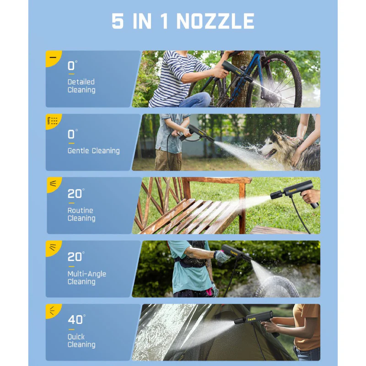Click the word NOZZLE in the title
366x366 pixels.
click(x=215, y=21)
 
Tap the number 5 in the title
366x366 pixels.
click(x=118, y=21)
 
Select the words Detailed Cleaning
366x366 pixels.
click(x=81, y=86)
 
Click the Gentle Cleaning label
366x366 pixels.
click(x=94, y=151)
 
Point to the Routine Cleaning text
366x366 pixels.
click(x=81, y=214)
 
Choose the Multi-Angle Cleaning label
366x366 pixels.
click(x=86, y=278)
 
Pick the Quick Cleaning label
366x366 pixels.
click(x=81, y=340)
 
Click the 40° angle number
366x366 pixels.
click(x=76, y=319)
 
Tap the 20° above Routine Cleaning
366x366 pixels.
click(x=76, y=193)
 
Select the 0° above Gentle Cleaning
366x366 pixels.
click(x=73, y=134)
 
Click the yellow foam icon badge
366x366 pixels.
click(x=53, y=121)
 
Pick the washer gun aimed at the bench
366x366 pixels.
click(x=295, y=193)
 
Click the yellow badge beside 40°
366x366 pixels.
click(x=53, y=311)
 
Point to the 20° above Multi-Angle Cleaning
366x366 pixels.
click(x=76, y=257)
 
